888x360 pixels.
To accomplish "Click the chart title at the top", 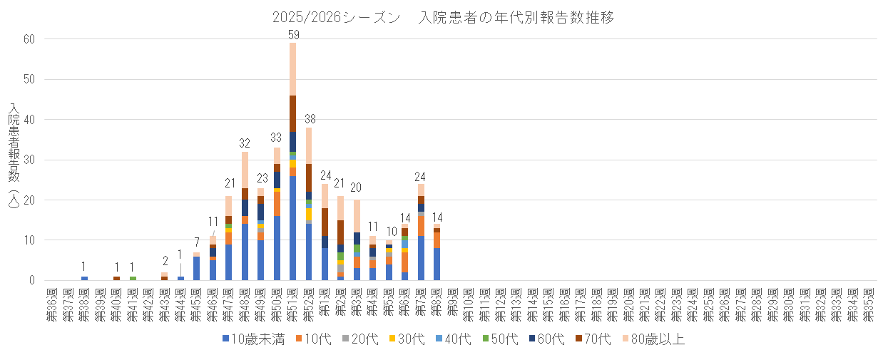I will (443, 18).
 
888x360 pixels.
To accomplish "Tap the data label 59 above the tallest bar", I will (293, 34).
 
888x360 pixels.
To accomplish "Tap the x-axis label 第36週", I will (52, 305).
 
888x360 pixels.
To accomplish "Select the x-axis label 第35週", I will (868, 305).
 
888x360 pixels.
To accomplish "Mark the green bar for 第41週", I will (133, 278).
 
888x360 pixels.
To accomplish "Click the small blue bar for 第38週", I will (84, 278).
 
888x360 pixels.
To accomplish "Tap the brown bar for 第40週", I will (116, 278).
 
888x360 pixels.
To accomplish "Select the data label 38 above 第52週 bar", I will (310, 118).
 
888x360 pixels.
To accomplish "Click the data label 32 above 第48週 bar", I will (245, 143).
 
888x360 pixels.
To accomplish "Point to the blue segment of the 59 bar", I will (293, 228).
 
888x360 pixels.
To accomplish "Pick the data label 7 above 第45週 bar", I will (197, 243).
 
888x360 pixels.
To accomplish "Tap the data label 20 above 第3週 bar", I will (357, 187).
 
